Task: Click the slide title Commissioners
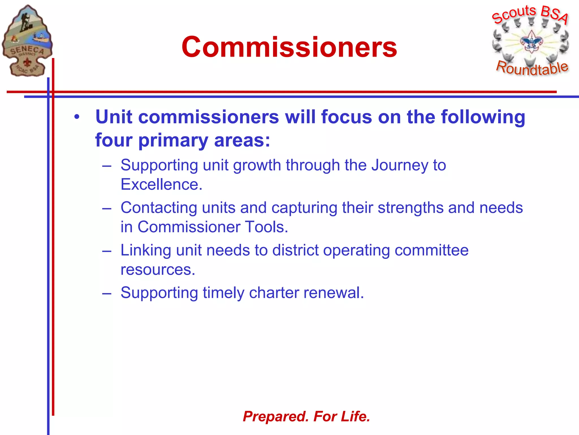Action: pyautogui.click(x=289, y=47)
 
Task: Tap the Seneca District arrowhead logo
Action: pyautogui.click(x=27, y=41)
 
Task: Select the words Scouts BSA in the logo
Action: pyautogui.click(x=530, y=14)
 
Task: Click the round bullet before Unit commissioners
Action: pyautogui.click(x=77, y=117)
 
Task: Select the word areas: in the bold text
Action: pyautogui.click(x=242, y=140)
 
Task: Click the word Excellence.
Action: pyautogui.click(x=161, y=184)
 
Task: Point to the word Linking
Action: pyautogui.click(x=146, y=250)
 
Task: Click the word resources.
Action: pyautogui.click(x=158, y=270)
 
